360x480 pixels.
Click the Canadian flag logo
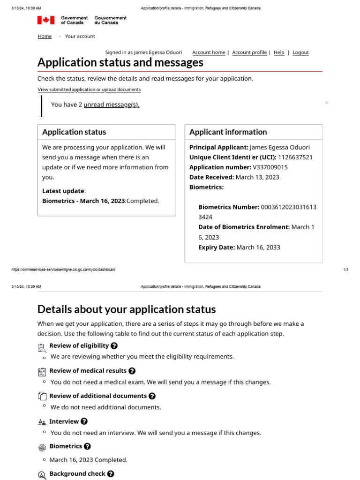coord(45,20)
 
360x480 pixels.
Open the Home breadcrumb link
coord(45,37)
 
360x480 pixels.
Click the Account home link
coord(209,52)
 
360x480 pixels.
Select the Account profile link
coord(249,52)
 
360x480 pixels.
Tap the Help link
coord(279,52)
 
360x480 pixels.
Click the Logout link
coord(300,52)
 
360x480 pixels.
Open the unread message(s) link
coord(112,105)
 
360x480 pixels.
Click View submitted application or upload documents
coord(89,90)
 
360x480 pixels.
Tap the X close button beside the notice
coord(327,103)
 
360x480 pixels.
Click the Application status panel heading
coord(74,132)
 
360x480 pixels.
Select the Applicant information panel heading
coord(228,132)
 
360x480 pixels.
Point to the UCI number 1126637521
coord(295,157)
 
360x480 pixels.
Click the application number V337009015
coord(270,167)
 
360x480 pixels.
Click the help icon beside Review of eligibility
coord(114,346)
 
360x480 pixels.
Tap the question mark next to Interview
coord(84,421)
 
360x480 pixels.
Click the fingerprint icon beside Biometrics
coord(42,447)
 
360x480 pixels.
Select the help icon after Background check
coord(111,474)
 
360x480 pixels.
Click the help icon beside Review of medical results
coord(132,371)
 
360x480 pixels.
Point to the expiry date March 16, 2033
coord(258,247)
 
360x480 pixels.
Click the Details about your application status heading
coord(127,309)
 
